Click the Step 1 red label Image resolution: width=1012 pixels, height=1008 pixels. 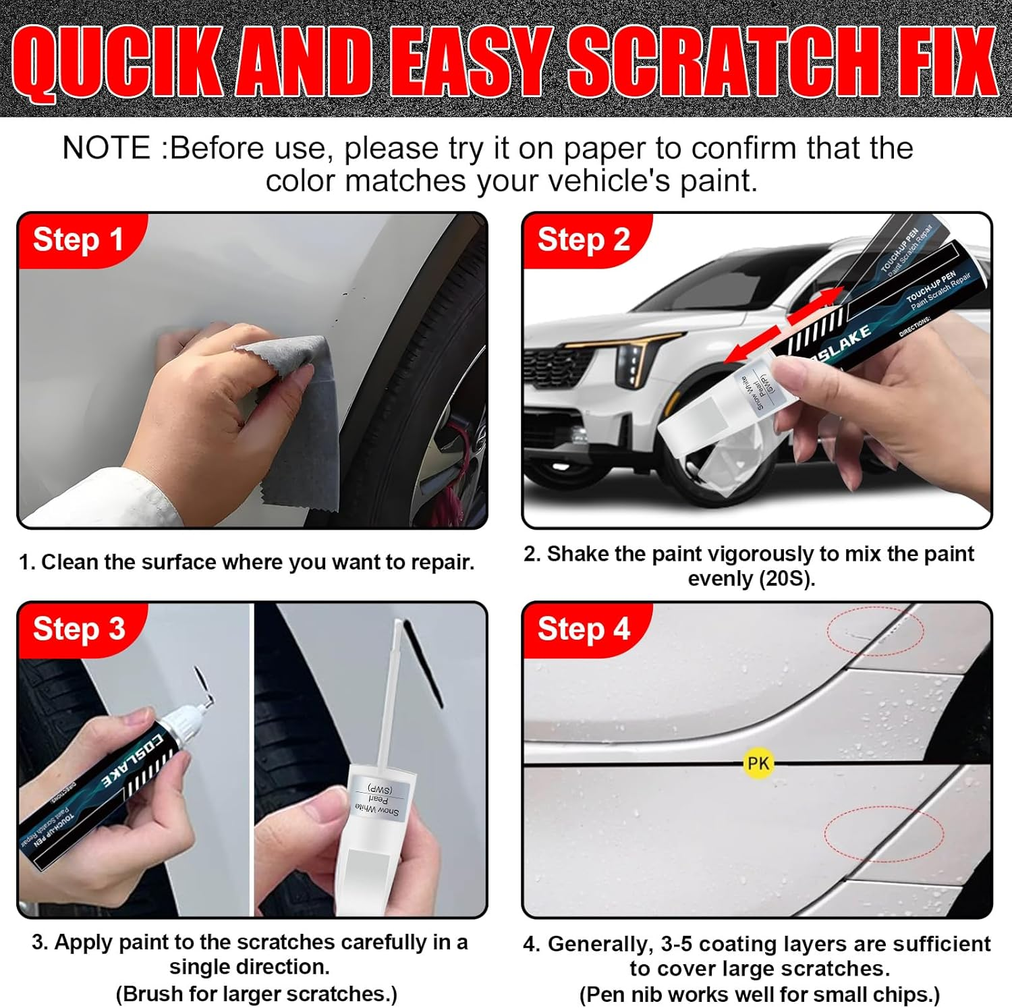pos(78,240)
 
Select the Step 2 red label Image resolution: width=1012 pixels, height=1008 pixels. pos(584,240)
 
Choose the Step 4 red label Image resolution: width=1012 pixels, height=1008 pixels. pos(584,629)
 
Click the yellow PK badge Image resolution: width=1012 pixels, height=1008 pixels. pos(758,763)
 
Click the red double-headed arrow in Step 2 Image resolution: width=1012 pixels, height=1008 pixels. pos(786,324)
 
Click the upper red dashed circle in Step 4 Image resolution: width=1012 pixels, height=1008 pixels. pos(875,631)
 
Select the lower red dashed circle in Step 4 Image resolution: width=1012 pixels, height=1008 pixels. pos(883,833)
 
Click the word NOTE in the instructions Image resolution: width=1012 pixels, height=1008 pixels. pos(106,148)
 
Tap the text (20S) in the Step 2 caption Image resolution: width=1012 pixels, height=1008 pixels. pos(785,579)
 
